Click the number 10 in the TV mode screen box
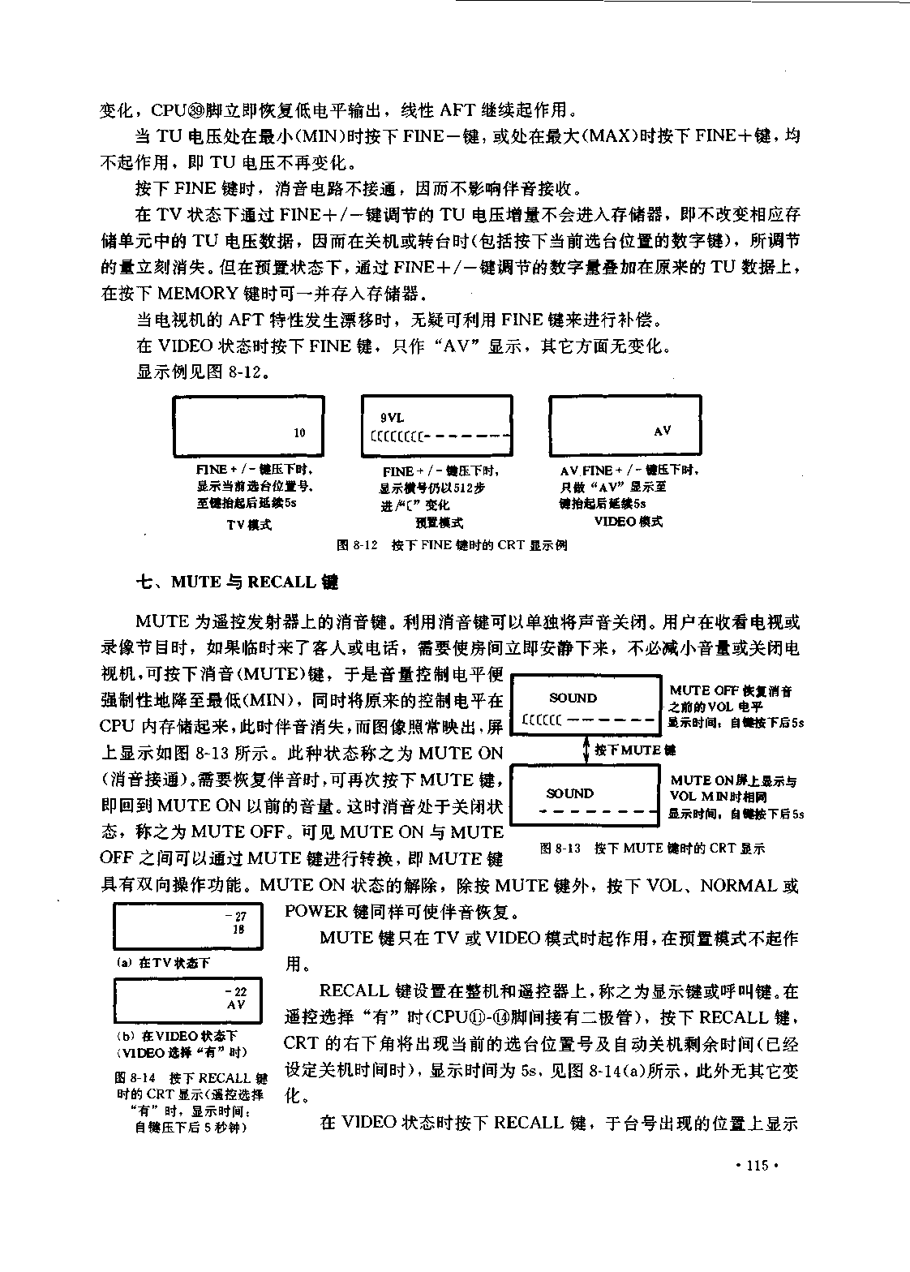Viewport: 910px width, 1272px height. [x=299, y=432]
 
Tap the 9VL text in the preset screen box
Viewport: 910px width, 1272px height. [x=393, y=418]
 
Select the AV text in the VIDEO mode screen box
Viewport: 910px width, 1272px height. [x=663, y=431]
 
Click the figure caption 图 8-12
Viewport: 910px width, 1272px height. [x=357, y=545]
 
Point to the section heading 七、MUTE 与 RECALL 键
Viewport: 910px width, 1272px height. [x=238, y=582]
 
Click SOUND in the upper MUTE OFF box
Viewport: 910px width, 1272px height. [x=573, y=698]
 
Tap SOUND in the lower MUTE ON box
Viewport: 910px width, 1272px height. [x=570, y=793]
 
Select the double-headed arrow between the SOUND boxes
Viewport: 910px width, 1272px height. [x=586, y=750]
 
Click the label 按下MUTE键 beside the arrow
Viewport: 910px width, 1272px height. [x=635, y=750]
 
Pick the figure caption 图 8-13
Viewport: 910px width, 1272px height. [x=560, y=849]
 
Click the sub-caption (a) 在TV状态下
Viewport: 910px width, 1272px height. [x=164, y=963]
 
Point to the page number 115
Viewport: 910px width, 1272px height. [x=758, y=1166]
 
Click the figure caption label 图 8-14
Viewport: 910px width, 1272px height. [x=135, y=1078]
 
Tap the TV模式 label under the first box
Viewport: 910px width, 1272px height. [x=249, y=526]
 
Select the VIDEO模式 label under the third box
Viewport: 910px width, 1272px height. [x=629, y=522]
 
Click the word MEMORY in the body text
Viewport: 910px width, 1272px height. [x=198, y=294]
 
